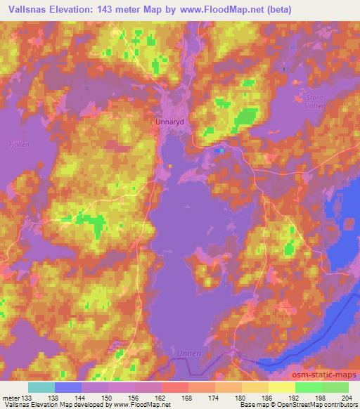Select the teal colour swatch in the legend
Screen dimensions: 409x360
(x=41, y=387)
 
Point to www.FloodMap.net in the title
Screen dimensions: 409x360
(x=217, y=10)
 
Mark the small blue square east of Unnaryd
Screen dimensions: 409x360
(x=221, y=149)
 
